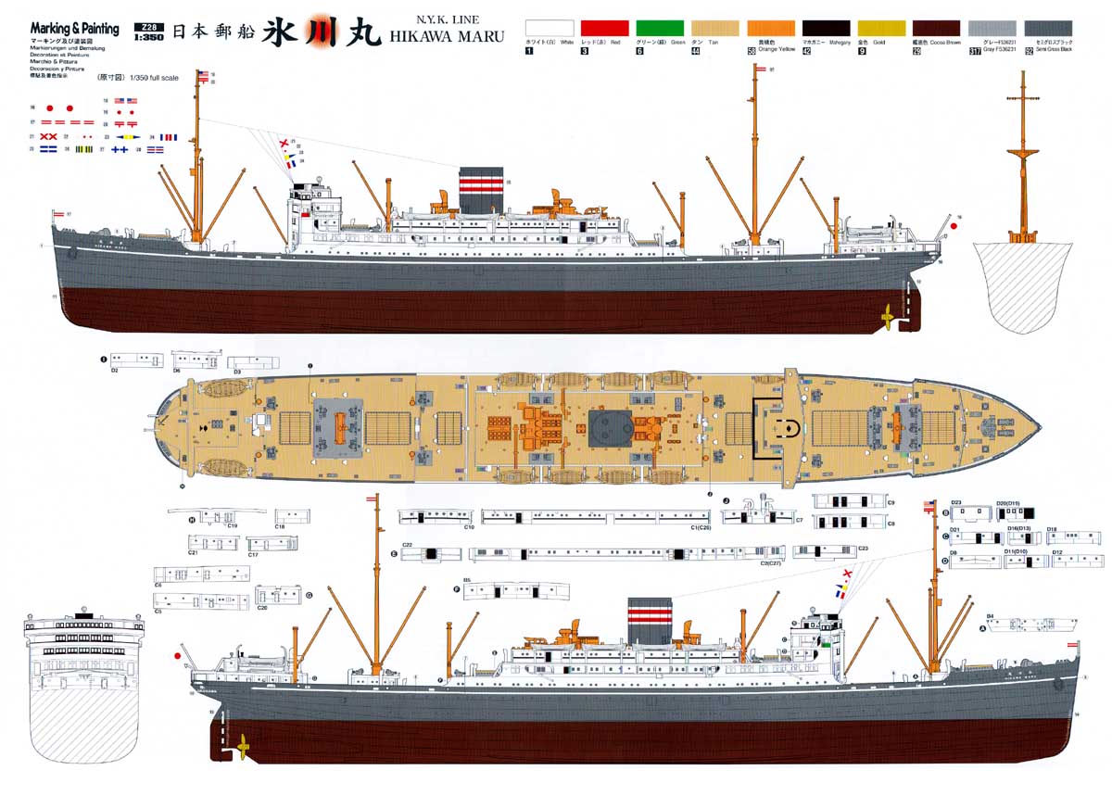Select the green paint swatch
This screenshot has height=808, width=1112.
660,29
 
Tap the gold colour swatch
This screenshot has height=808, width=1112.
881,29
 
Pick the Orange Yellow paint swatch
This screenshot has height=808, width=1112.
771,29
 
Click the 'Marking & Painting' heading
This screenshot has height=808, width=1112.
74,29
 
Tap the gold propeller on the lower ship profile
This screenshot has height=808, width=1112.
243,745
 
